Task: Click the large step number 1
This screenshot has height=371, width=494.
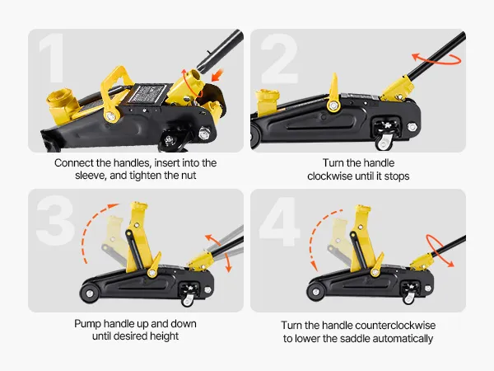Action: pos(52,59)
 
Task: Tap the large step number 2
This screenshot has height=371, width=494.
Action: pos(279,59)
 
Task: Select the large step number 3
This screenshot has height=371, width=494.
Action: pos(55,220)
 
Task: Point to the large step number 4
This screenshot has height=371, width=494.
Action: pos(279,222)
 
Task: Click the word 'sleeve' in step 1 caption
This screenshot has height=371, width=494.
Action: pos(91,176)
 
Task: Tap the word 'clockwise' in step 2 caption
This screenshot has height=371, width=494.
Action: pos(330,176)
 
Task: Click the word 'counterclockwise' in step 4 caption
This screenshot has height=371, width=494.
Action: pos(394,326)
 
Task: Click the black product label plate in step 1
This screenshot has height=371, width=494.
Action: pos(147,94)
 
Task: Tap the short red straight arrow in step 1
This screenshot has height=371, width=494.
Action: pos(217,75)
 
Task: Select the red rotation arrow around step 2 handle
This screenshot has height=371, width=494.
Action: pos(436,59)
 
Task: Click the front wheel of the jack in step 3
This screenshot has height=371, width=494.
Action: pos(90,294)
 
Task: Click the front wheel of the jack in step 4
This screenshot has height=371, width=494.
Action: pos(315,292)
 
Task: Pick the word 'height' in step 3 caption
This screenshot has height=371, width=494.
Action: pos(164,336)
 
